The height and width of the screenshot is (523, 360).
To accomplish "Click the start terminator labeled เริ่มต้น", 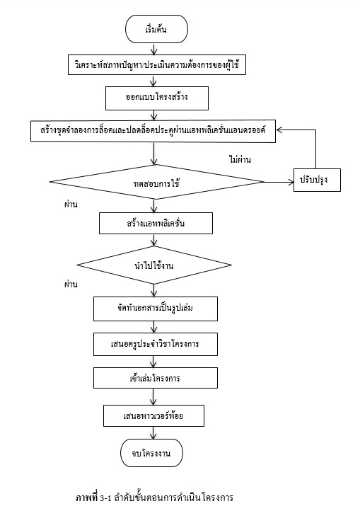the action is point(156,29).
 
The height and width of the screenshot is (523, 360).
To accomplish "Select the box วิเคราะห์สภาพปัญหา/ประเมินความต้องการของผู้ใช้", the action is point(157,64).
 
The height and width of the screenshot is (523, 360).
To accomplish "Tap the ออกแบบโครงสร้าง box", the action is point(157,98).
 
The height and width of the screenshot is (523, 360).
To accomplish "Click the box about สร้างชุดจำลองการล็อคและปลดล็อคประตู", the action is point(153,131).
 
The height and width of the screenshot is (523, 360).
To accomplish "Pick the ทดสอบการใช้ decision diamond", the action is point(157,182).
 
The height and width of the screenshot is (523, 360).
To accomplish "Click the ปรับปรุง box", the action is point(317,180).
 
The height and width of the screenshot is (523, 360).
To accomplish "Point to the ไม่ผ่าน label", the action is point(240,160).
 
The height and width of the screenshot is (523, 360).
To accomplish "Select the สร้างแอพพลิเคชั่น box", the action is point(156,223).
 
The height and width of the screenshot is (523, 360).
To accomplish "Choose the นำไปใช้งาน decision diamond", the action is point(154,265).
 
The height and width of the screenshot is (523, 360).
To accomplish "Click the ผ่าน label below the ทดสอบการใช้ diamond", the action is point(71,204).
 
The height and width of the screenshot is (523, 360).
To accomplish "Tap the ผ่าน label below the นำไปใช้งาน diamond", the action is point(71,285).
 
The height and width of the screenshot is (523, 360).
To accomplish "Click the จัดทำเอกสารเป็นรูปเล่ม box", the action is point(156,309).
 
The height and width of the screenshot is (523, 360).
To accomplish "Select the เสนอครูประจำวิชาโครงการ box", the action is point(156,344).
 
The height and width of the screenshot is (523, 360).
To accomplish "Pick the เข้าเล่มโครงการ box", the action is point(156,378).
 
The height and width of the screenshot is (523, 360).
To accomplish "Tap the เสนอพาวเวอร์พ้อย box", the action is point(153,415).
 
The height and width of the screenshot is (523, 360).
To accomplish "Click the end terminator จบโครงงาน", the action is point(151,453).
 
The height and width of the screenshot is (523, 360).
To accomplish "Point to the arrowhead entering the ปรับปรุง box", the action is point(291,182).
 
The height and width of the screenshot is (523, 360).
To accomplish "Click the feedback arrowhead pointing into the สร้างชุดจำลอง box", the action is point(279,130).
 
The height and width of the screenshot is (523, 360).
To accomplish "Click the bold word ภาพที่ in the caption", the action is point(87,498).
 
